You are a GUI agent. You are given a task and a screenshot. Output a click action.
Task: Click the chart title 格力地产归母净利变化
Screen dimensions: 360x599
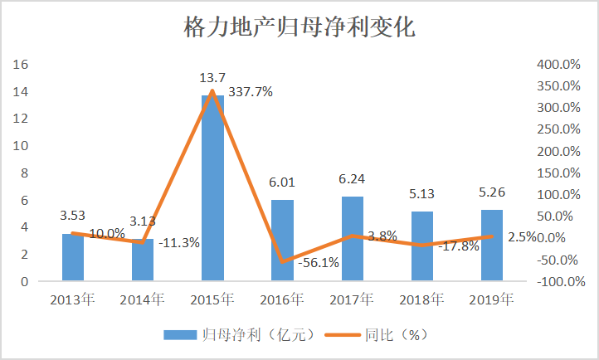[x=299, y=29]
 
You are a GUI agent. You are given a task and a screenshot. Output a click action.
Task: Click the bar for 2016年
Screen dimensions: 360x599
[x=282, y=241]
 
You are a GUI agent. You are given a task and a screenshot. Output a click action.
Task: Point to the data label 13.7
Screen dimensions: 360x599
[x=212, y=78]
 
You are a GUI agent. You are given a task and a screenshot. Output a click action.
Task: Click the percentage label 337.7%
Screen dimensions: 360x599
[x=251, y=93]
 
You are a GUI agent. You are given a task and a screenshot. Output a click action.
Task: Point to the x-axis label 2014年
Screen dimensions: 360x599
[x=143, y=299]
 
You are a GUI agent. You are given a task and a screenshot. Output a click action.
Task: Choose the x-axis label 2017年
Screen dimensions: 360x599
[x=353, y=299]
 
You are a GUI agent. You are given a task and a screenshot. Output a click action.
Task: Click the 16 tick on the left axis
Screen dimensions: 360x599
[x=22, y=64]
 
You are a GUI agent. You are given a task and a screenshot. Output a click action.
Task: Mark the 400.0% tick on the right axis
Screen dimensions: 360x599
[x=557, y=64]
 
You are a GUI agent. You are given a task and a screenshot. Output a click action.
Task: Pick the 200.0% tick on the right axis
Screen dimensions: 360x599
[x=557, y=151]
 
